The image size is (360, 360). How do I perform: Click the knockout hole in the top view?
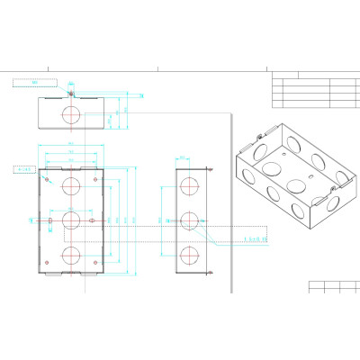click(70, 114)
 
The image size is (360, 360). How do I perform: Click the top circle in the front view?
click(70, 186)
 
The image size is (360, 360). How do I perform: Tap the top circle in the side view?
click(190, 186)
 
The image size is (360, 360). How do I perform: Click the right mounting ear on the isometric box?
click(337, 184)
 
